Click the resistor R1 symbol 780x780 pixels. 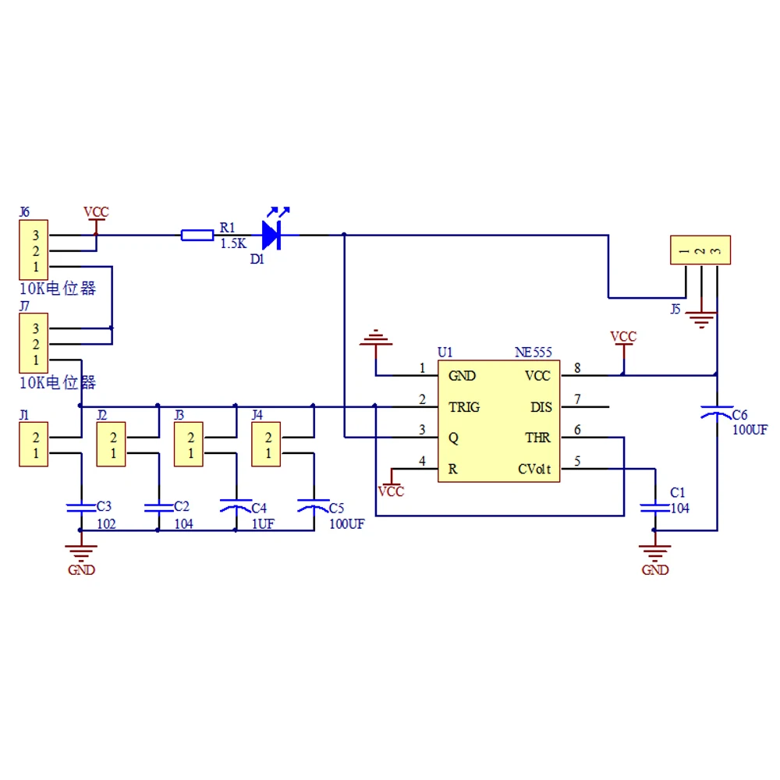coord(197,235)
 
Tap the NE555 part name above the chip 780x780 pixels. coord(534,353)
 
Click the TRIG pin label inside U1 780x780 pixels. coord(464,407)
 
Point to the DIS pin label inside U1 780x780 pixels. coord(541,407)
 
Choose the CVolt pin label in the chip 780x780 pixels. coord(535,470)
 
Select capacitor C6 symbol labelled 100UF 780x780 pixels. coord(717,413)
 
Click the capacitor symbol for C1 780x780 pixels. coord(654,507)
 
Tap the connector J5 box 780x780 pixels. coord(700,250)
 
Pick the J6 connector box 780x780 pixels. coord(34,250)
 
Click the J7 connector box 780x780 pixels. coord(34,344)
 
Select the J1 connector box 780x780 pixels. coord(34,445)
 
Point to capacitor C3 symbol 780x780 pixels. coord(80,507)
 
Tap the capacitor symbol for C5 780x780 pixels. coord(314,506)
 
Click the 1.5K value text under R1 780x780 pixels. coord(232,243)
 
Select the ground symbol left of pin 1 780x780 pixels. coord(377,339)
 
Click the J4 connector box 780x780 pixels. coord(267,445)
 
